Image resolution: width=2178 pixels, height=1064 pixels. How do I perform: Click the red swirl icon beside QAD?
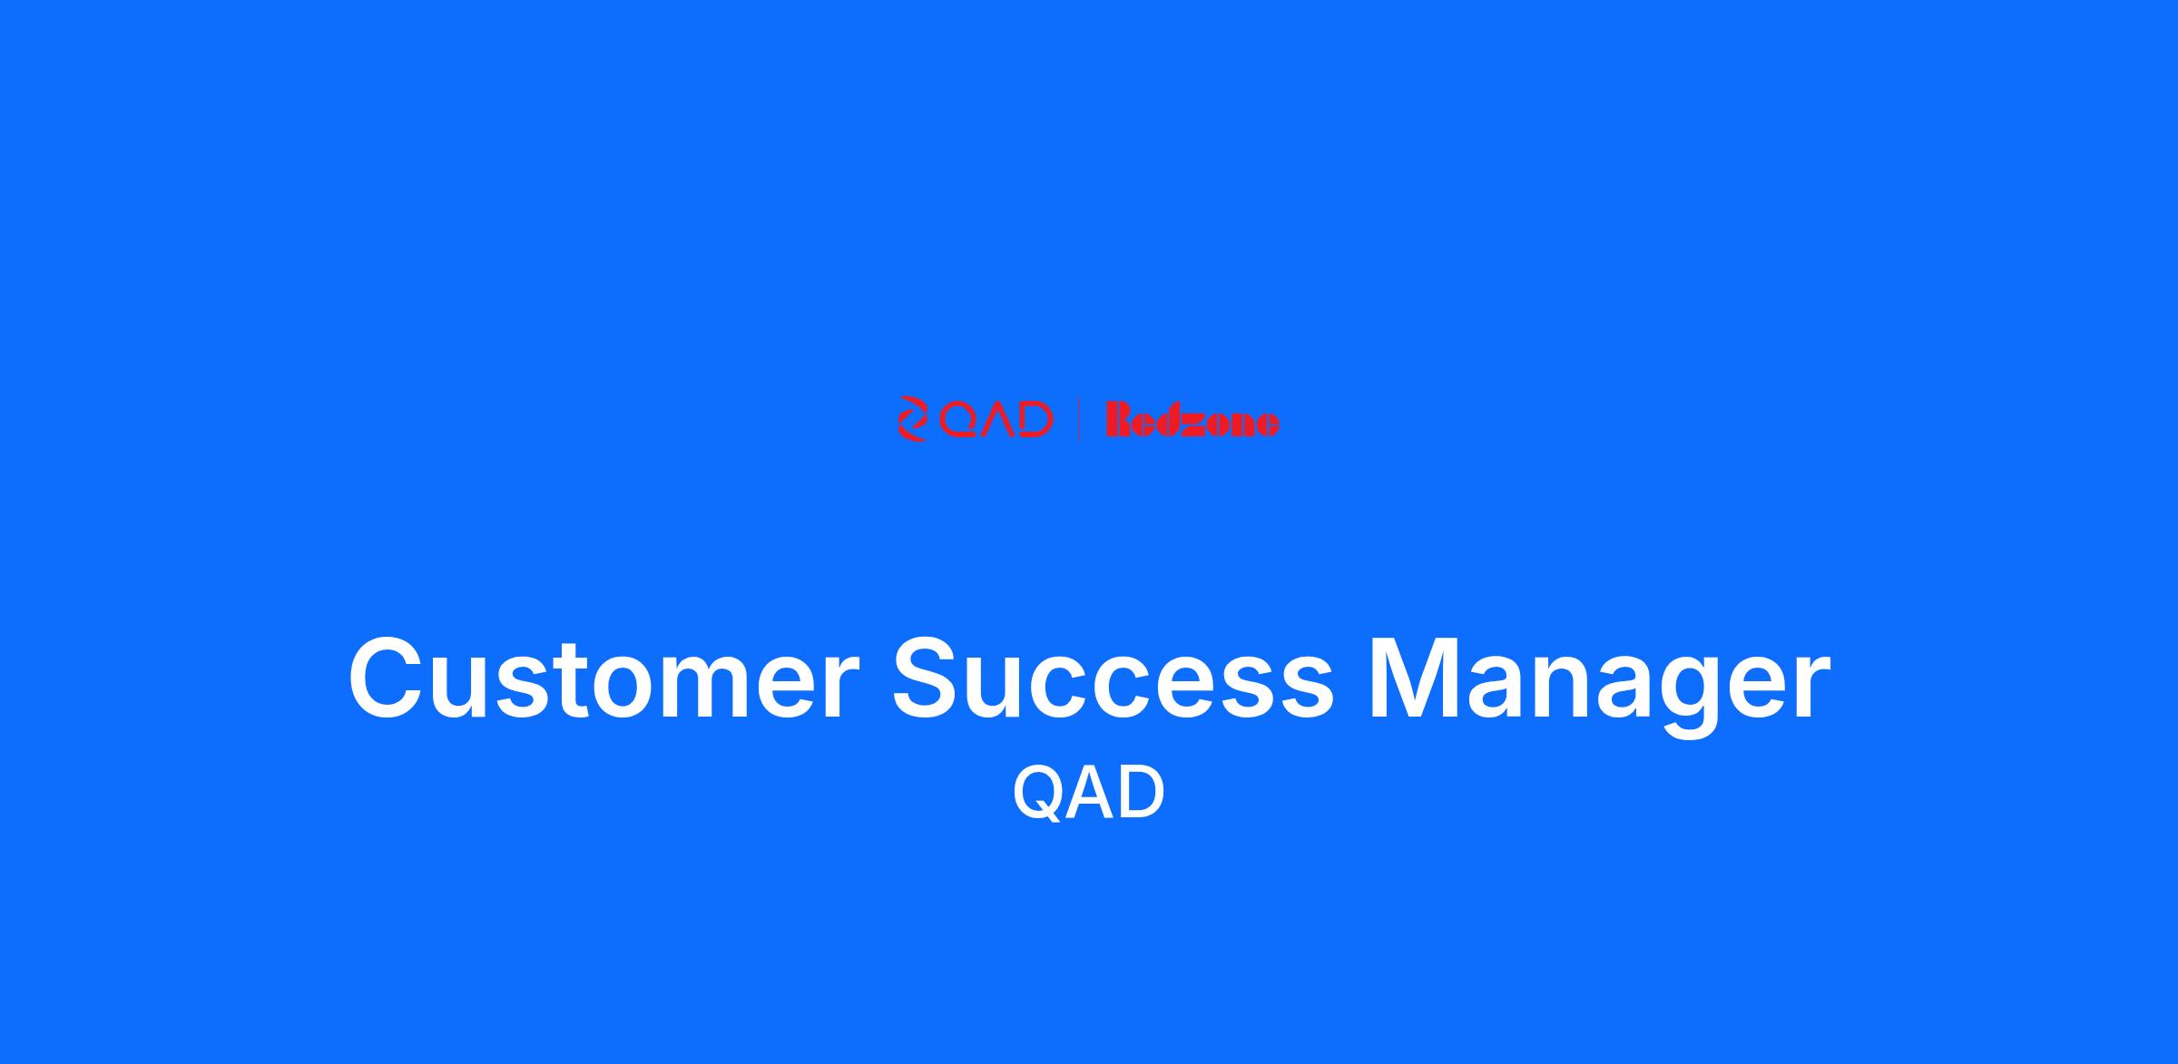(913, 419)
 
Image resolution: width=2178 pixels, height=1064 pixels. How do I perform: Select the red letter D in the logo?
(1035, 419)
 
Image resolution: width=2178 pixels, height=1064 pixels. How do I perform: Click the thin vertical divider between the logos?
(1078, 419)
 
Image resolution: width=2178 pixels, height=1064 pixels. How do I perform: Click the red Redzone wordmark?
(1192, 421)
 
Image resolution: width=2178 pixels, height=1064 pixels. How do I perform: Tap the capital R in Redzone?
(1122, 421)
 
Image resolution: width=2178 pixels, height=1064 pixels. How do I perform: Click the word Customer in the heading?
(603, 679)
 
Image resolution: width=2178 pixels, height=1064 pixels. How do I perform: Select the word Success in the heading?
(1114, 679)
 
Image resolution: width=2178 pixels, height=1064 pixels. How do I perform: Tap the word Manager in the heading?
(1599, 687)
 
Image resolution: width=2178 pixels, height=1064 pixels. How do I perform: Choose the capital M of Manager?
(1410, 678)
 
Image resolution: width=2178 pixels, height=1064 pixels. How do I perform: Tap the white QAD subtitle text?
(1089, 793)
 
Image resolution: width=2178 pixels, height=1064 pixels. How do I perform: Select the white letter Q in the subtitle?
(1038, 794)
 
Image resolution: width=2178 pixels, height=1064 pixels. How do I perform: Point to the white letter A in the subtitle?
(1090, 792)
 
